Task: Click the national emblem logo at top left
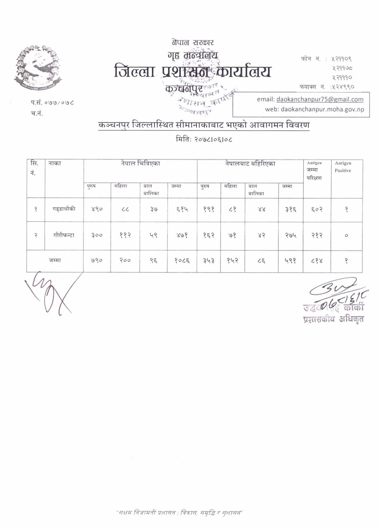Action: [x=38, y=67]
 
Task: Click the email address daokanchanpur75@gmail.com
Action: [x=320, y=99]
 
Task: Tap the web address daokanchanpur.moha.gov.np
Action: [x=314, y=109]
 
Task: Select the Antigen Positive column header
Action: [x=343, y=167]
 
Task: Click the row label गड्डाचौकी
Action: [x=64, y=209]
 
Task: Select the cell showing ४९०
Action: [x=97, y=210]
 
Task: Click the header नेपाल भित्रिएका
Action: [x=140, y=164]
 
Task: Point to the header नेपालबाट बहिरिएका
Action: [x=250, y=164]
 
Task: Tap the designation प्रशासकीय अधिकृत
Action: [x=333, y=319]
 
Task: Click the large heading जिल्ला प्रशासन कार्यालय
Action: [x=192, y=72]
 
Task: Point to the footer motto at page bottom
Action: [x=179, y=513]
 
